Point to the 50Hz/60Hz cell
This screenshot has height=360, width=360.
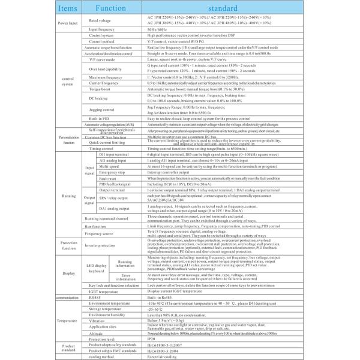point(159,29)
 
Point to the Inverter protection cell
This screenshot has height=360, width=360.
point(100,245)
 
